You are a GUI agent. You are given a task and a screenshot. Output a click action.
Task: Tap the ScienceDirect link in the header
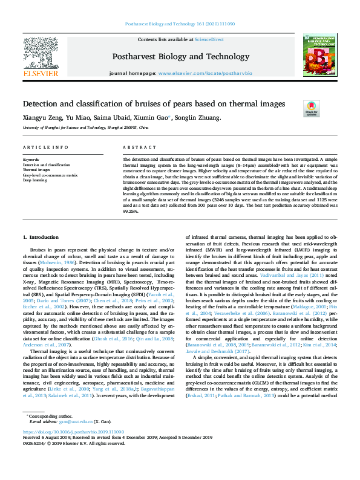click(x=209, y=39)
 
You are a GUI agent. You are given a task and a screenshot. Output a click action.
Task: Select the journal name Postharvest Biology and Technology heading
click(x=180, y=57)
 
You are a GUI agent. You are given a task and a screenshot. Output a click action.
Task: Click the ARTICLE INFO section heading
click(x=45, y=148)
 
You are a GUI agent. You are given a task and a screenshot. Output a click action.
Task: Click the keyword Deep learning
click(x=36, y=180)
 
